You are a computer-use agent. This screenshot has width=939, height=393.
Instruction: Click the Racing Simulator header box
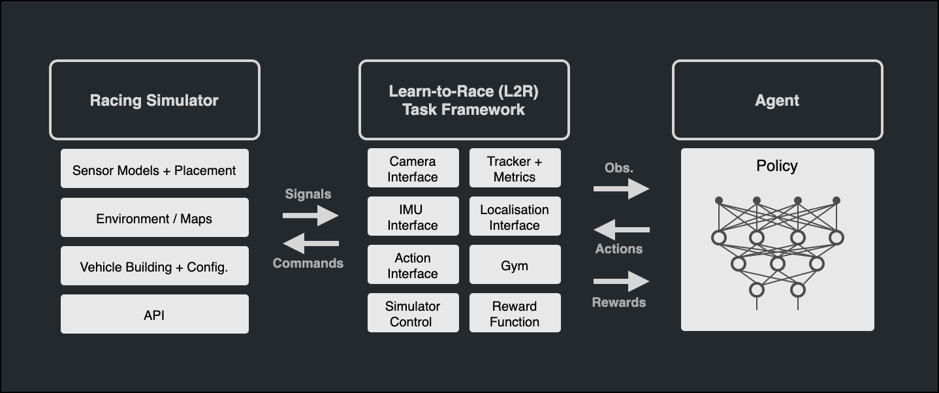[x=154, y=100]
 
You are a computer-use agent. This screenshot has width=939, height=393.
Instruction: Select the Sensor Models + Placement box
[x=154, y=170]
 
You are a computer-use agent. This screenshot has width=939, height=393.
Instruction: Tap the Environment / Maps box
[x=154, y=219]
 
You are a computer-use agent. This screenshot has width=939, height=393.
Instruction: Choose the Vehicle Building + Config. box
[x=154, y=266]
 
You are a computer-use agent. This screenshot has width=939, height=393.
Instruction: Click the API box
[x=154, y=315]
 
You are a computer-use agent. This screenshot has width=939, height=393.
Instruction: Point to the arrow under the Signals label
[x=311, y=215]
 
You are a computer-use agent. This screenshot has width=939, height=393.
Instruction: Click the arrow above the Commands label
[x=311, y=244]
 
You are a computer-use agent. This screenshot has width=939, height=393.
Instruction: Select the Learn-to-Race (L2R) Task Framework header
[x=464, y=100]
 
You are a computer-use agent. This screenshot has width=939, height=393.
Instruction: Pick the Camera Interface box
[x=413, y=168]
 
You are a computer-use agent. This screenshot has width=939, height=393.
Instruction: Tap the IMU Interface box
[x=413, y=217]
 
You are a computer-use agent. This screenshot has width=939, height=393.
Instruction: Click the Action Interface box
[x=413, y=265]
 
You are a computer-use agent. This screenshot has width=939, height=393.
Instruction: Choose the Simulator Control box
[x=413, y=313]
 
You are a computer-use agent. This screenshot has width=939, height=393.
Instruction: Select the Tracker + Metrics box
[x=515, y=168]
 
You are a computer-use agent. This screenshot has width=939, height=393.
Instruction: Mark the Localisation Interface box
[x=515, y=217]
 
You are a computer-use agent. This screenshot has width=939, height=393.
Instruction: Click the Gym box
[x=515, y=265]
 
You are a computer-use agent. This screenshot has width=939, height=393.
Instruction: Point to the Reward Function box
[x=515, y=313]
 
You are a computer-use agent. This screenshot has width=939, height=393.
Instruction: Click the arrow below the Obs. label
[x=622, y=189]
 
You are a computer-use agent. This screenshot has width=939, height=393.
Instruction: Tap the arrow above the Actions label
[x=622, y=229]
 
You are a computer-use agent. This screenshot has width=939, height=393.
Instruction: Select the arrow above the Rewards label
[x=622, y=282]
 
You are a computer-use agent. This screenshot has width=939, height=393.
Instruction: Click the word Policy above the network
[x=777, y=166]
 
